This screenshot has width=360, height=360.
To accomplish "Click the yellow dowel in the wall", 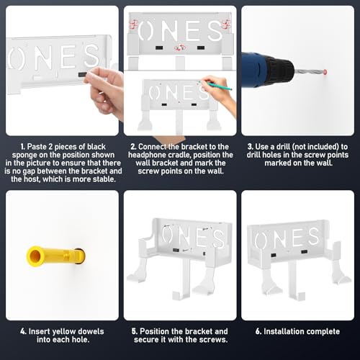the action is pyautogui.click(x=55, y=256).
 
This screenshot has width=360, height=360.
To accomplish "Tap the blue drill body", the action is pyautogui.click(x=255, y=68).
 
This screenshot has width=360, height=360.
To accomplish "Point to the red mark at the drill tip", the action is pyautogui.click(x=325, y=72).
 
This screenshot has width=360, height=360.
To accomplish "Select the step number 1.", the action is pyautogui.click(x=22, y=147).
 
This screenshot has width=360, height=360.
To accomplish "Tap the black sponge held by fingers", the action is pyautogui.click(x=81, y=74).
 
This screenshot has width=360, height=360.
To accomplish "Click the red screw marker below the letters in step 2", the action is pyautogui.click(x=180, y=48).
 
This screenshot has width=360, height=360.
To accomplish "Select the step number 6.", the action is pyautogui.click(x=258, y=331).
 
